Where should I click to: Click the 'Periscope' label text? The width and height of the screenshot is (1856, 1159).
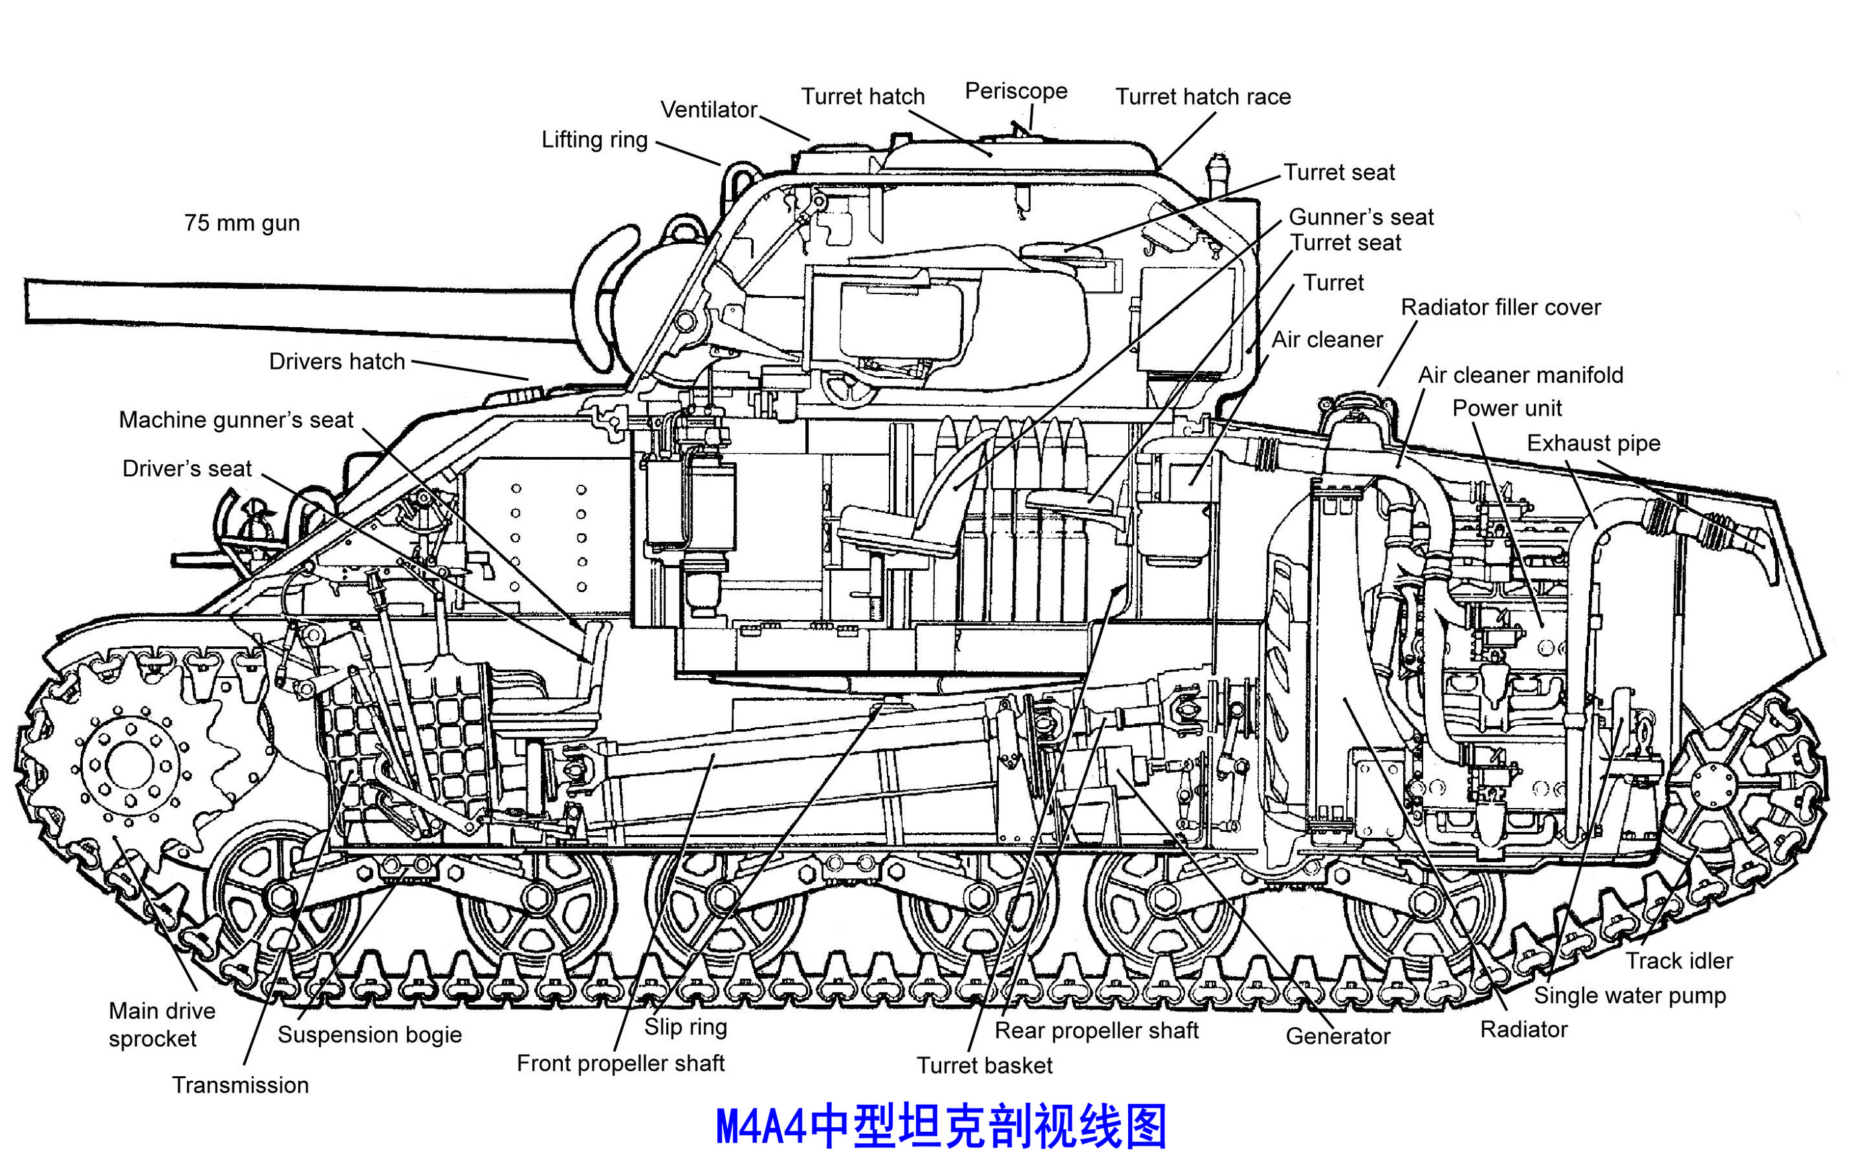(x=1015, y=91)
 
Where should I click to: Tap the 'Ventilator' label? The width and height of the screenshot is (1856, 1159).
(x=709, y=110)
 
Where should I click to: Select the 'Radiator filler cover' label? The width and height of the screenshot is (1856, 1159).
(x=1500, y=307)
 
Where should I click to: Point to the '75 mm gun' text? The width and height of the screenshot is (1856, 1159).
(x=241, y=223)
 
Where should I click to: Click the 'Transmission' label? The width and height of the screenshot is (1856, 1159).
(x=240, y=1085)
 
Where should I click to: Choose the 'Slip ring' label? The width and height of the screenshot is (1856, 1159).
(x=685, y=1027)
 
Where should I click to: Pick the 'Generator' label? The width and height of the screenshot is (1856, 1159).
(x=1338, y=1036)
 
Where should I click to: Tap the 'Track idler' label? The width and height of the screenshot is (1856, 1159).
(x=1679, y=960)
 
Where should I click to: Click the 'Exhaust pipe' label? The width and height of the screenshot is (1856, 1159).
(x=1593, y=443)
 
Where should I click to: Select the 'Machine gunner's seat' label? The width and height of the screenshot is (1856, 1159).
(x=235, y=420)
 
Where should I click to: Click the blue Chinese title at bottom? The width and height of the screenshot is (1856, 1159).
(x=941, y=1126)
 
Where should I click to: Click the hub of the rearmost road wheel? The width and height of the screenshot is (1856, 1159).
(x=1423, y=903)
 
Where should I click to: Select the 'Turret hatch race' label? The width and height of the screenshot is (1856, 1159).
(x=1202, y=97)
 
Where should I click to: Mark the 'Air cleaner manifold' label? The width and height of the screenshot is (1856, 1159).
(x=1520, y=375)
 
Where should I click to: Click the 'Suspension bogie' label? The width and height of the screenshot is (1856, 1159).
(x=370, y=1034)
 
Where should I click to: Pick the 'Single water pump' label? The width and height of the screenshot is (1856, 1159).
(x=1629, y=995)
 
